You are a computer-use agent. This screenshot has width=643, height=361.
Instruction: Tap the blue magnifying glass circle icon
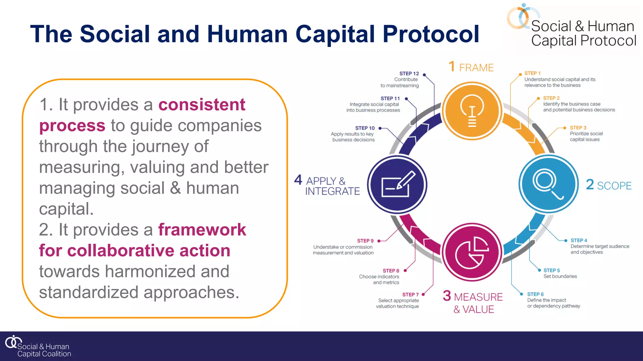(548, 184)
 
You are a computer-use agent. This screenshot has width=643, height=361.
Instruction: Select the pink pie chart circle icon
(472, 253)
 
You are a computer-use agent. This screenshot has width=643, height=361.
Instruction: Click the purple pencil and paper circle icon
(397, 185)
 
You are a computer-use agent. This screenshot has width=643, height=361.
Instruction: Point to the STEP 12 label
(409, 74)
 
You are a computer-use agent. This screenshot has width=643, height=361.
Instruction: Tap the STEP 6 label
(535, 294)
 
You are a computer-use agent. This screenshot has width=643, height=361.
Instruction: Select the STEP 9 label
(365, 241)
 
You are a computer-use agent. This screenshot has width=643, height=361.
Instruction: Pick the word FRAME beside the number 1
(476, 68)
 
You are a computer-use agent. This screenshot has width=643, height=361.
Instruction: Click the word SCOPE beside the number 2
(614, 186)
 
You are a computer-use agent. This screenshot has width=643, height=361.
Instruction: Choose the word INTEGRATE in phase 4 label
(332, 191)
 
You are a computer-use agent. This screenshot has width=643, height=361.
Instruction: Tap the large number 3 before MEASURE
(447, 296)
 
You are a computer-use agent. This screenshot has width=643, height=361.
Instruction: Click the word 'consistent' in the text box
(202, 105)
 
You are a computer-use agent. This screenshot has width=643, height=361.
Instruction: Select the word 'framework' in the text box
(202, 230)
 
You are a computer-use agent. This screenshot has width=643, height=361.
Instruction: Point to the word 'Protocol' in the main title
(431, 34)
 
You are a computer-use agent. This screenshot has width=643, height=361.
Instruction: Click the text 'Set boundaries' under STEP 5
(560, 276)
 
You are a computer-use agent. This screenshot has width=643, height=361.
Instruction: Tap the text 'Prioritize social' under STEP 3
(586, 133)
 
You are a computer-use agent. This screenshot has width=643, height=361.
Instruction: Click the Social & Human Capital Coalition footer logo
(38, 347)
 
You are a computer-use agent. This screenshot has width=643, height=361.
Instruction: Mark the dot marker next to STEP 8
(405, 270)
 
